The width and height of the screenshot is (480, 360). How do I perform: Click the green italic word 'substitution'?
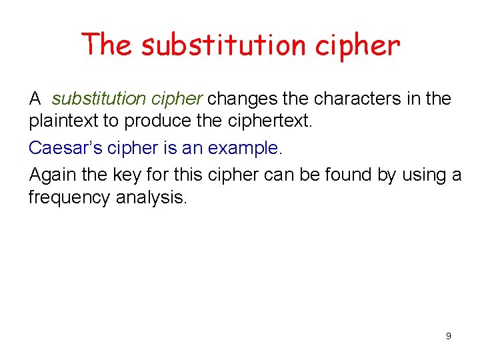coord(98,99)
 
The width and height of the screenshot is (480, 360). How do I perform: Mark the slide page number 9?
coord(448,336)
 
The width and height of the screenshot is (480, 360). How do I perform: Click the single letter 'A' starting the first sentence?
coord(35,99)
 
